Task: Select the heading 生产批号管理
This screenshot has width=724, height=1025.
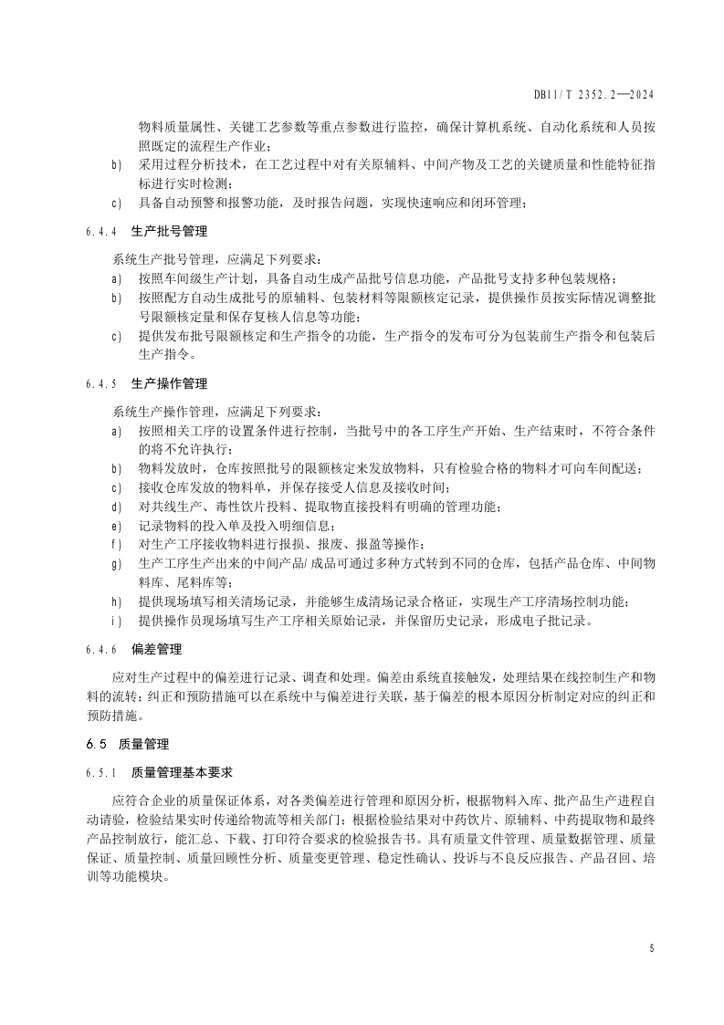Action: [169, 232]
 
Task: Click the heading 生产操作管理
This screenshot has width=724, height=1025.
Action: [169, 382]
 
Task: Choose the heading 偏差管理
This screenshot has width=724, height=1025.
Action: [157, 650]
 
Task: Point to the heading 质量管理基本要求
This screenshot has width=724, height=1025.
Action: [182, 773]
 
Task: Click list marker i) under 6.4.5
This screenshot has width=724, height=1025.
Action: [116, 622]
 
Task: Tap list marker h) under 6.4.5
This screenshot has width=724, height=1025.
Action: [116, 601]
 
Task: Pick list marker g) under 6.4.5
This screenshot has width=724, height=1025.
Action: [116, 563]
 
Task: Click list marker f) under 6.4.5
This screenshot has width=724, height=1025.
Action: [116, 545]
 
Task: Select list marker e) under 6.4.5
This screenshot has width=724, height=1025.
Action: [116, 526]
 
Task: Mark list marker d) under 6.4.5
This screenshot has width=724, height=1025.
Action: [116, 507]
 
